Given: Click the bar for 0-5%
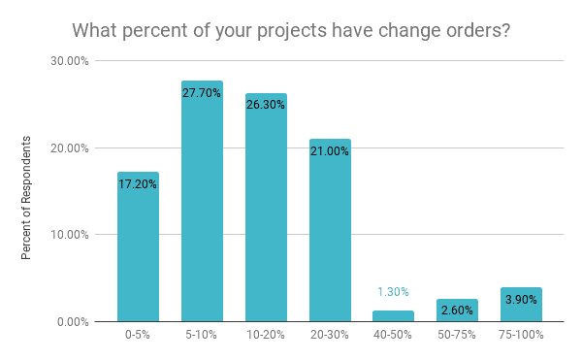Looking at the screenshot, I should (x=138, y=246).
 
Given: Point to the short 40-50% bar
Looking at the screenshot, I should (x=394, y=315).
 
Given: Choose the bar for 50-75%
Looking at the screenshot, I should (x=458, y=310).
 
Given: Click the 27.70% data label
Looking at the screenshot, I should (x=202, y=93).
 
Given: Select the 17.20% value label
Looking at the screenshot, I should (x=138, y=182).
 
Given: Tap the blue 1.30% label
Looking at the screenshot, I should (x=393, y=291).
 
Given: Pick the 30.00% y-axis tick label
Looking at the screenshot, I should (x=71, y=61).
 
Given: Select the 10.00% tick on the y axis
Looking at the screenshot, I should (x=71, y=235).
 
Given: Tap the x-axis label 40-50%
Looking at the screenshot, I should (x=394, y=335).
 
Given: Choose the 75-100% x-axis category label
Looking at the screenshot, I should (x=522, y=335).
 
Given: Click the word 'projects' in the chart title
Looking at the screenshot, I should (x=283, y=31).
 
